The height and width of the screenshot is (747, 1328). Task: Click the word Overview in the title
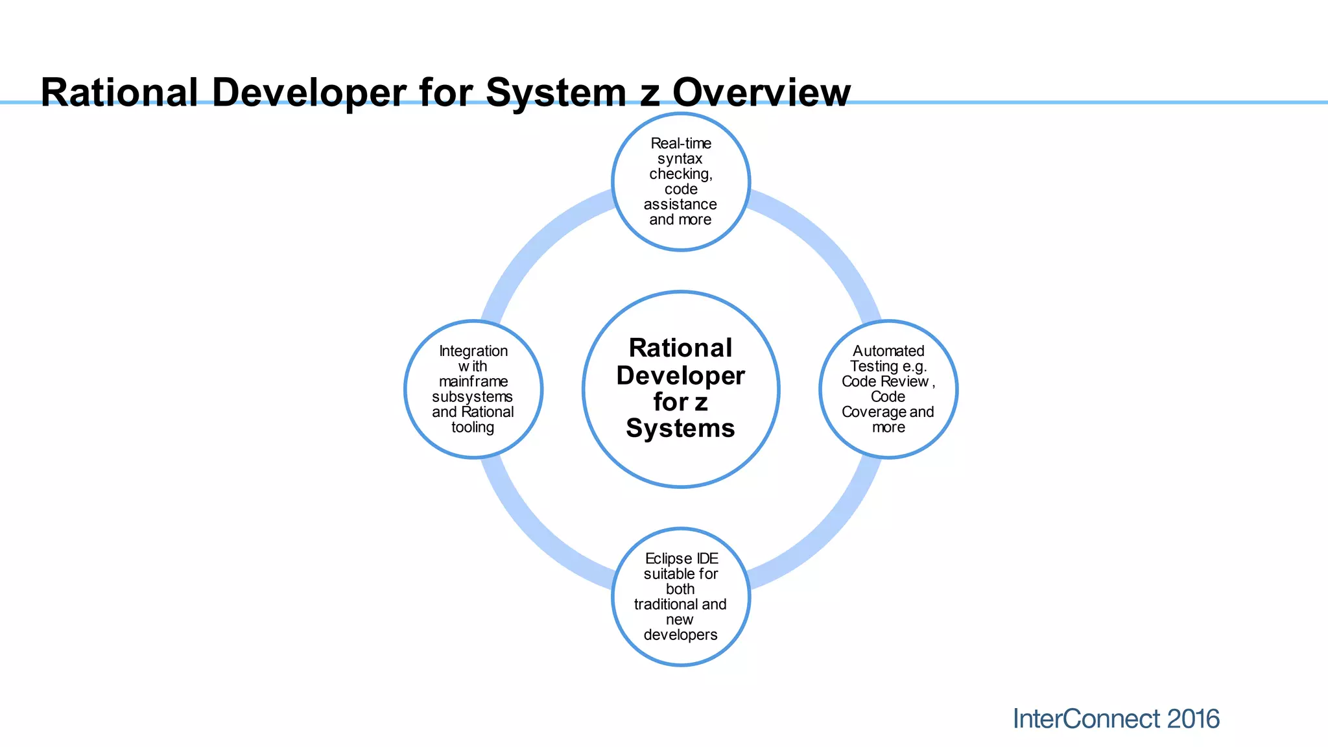761,92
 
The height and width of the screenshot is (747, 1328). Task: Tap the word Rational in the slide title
119,92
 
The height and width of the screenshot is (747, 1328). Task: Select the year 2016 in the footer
1192,719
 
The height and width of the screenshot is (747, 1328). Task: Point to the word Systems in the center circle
680,429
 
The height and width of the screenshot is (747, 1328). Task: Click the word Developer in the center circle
680,376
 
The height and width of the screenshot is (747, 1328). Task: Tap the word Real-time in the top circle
681,143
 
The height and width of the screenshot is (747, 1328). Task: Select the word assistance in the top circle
680,204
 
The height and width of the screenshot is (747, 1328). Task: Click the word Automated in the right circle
888,351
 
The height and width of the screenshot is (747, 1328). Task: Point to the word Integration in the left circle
473,351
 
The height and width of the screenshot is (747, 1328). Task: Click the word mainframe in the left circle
473,381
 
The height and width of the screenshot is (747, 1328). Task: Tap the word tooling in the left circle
473,427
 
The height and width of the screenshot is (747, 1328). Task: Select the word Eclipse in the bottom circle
668,558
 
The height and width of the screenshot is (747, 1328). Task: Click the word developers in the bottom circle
680,635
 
